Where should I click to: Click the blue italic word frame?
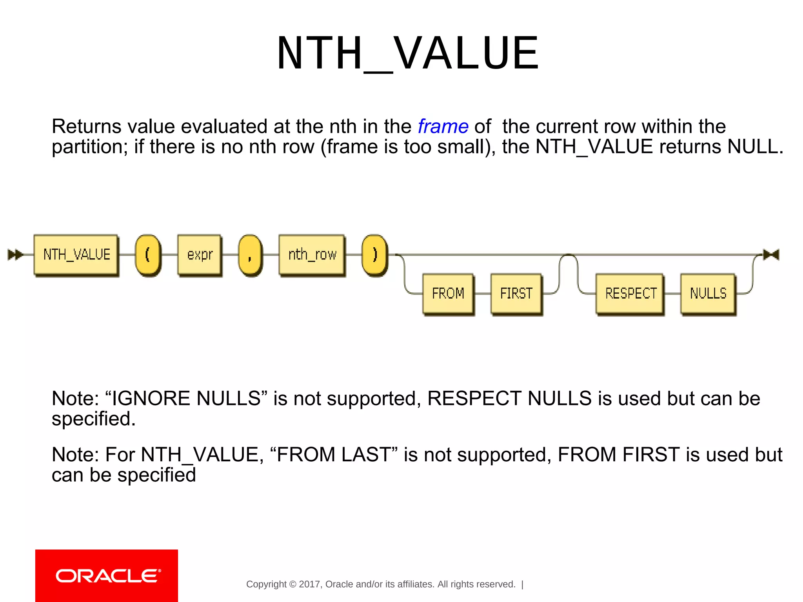[x=443, y=127]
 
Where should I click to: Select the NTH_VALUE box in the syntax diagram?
[x=76, y=254]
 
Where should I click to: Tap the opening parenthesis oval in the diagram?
[x=147, y=254]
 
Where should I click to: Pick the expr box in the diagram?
[x=200, y=254]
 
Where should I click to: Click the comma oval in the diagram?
[x=250, y=254]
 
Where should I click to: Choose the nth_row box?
[x=312, y=254]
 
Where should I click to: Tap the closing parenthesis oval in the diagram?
[x=374, y=254]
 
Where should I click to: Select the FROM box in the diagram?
[x=448, y=293]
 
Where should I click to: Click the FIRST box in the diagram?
[x=516, y=293]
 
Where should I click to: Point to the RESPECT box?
[x=630, y=293]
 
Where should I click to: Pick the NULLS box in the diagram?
[x=708, y=293]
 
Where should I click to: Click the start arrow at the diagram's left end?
[x=15, y=255]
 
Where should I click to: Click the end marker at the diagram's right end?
[x=771, y=255]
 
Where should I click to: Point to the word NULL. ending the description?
[x=755, y=147]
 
